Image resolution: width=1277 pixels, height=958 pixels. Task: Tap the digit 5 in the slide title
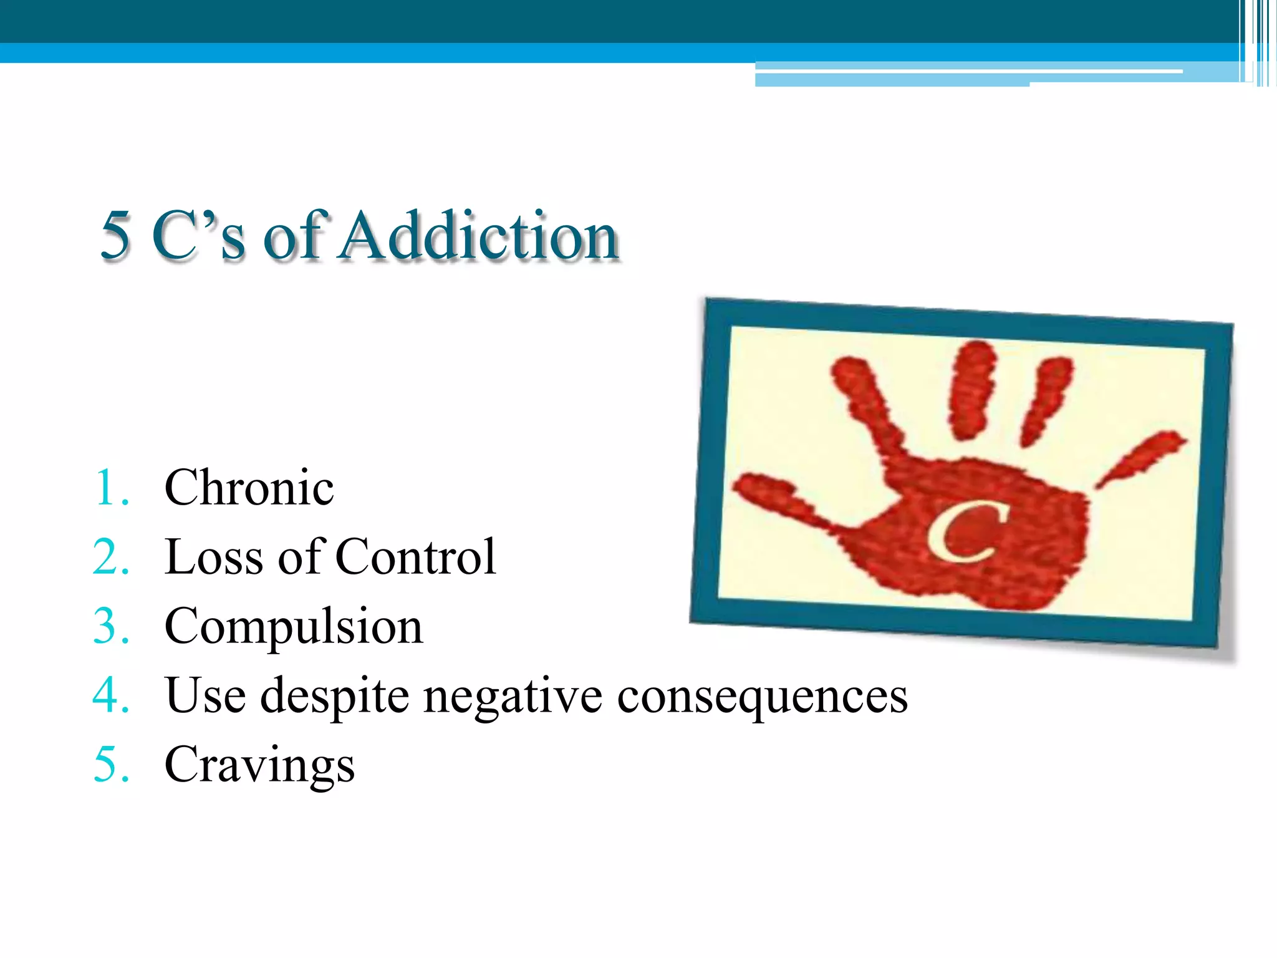(x=116, y=236)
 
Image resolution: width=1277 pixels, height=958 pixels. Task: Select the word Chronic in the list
(x=249, y=488)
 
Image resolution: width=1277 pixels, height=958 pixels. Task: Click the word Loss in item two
(x=213, y=557)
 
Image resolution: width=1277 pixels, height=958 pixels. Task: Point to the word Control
(x=415, y=557)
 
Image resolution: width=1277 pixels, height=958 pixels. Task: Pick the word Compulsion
(x=294, y=627)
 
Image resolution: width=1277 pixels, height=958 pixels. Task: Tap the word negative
(x=513, y=696)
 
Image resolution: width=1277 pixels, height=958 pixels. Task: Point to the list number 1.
(x=111, y=488)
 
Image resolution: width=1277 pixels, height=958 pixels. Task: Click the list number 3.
(x=111, y=627)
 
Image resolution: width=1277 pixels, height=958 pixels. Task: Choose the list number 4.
(x=111, y=696)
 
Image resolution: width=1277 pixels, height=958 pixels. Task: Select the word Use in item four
(x=205, y=695)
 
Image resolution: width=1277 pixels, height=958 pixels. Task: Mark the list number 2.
(x=111, y=557)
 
